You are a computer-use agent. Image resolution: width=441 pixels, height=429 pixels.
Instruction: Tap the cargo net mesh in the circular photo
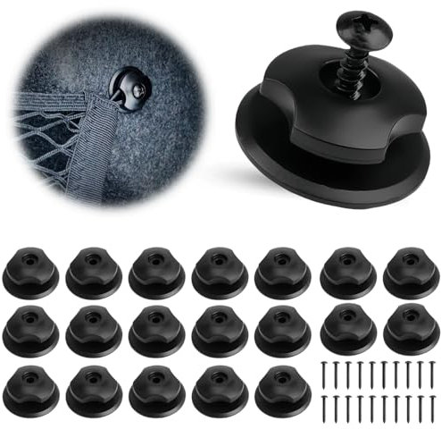click(45, 134)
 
